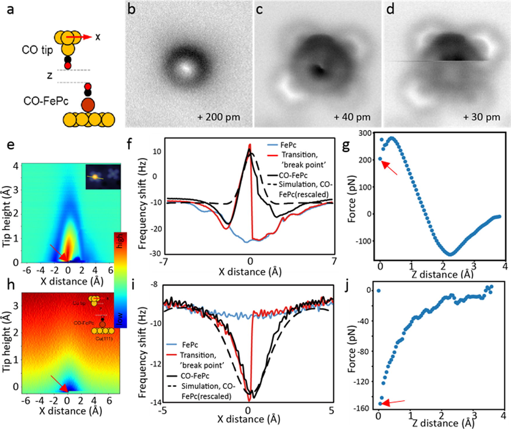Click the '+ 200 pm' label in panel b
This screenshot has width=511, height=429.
point(219,117)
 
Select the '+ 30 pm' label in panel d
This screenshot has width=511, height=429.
point(482,117)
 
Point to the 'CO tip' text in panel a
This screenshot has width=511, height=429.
point(37,50)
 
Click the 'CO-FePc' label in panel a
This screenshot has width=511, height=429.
point(46,101)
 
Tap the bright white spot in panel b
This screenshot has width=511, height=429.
point(185,69)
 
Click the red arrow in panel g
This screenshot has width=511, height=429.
point(390,168)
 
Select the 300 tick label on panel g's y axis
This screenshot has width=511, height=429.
point(365,133)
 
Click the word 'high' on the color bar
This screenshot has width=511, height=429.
point(120,241)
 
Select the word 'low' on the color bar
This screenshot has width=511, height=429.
point(120,318)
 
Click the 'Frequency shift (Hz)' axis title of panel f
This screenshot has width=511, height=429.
point(142,203)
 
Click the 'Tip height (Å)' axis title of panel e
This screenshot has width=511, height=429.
point(6,217)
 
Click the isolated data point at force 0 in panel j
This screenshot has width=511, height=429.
point(378,291)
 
